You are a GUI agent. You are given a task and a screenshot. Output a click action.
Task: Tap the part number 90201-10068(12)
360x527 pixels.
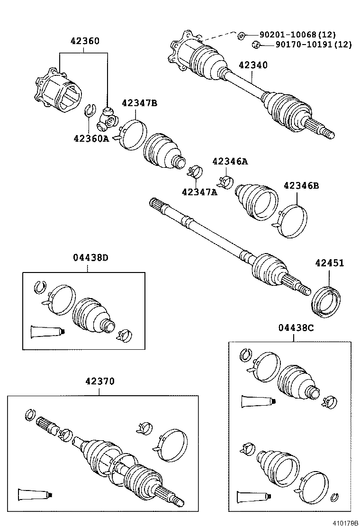(x=297, y=35)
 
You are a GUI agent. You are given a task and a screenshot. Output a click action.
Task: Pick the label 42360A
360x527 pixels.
(x=91, y=138)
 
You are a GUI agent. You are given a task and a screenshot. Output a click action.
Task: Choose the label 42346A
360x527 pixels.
(x=230, y=161)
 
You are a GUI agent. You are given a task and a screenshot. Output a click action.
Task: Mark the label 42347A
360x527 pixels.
(x=199, y=191)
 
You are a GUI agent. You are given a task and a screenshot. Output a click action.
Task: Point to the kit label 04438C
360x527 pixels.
(x=296, y=327)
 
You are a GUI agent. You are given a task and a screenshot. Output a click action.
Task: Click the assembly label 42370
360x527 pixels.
(x=100, y=381)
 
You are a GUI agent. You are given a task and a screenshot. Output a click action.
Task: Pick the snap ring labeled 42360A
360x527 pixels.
(x=90, y=111)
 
